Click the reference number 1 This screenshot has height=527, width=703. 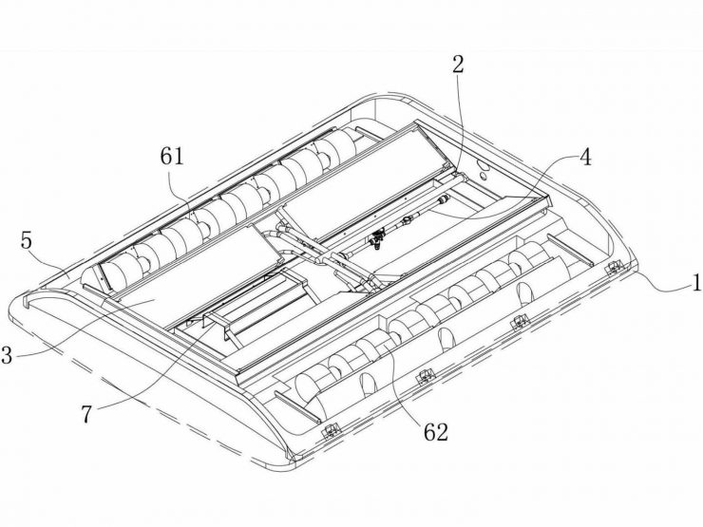click(696, 283)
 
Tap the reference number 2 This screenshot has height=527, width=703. click(458, 65)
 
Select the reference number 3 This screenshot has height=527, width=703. click(7, 355)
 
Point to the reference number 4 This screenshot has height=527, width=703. click(585, 158)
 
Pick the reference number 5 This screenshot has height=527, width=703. click(27, 240)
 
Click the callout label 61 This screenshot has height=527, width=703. click(172, 157)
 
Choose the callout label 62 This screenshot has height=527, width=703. click(436, 432)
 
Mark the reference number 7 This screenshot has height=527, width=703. click(86, 414)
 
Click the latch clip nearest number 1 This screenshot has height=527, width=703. click(615, 269)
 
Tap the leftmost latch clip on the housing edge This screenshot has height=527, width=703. click(332, 430)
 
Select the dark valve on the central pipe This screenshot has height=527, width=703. click(376, 240)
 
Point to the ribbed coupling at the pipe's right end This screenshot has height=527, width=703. click(444, 199)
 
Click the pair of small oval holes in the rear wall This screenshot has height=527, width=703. click(484, 169)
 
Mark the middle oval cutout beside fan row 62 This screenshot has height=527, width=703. click(446, 338)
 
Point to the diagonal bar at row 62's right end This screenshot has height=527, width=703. click(567, 250)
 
